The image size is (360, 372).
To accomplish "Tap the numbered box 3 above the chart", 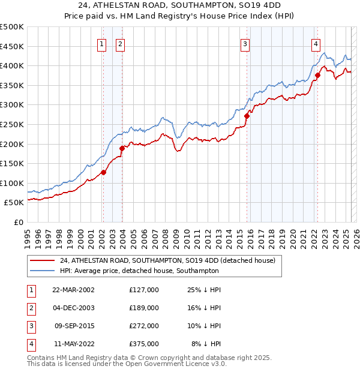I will pos(245,43).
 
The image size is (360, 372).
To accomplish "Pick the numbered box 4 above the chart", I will pos(316,43).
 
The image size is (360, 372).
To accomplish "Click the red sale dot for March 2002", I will pos(103,172).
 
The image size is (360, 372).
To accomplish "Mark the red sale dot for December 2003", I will pos(122,148).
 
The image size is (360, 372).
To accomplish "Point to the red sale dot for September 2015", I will pos(247,116).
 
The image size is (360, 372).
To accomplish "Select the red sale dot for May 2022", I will pos(317,76).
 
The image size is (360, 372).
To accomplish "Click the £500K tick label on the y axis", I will pos(12,27).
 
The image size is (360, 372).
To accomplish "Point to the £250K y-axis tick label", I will pos(12,124).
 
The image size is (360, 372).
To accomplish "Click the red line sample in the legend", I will pos(43,260).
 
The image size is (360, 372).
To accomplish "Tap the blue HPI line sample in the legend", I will pos(43,271).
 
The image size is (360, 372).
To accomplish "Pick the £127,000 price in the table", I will pos(144,290).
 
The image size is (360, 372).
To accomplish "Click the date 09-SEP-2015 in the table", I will pos(76,326).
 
